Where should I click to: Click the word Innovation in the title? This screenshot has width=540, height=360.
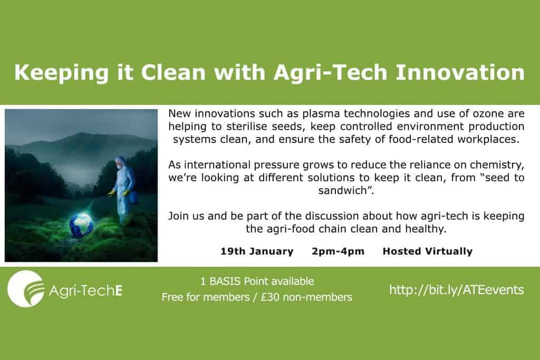460,72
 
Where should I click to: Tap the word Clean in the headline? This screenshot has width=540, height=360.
173,72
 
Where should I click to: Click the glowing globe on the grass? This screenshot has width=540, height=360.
81,225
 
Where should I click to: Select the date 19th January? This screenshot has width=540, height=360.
257,251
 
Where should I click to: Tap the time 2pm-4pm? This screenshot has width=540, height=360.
338,251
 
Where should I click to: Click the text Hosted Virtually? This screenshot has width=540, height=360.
427,251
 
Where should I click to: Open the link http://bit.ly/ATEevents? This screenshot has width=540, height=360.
457,289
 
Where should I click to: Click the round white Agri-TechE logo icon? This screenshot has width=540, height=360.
25,288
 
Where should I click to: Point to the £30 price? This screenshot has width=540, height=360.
270,297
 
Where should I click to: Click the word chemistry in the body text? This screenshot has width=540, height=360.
496,165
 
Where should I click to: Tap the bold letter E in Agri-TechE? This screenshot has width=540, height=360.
119,290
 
